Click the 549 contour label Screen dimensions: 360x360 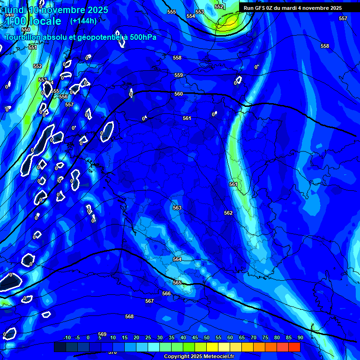[9, 15]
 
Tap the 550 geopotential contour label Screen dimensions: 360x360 [26, 30]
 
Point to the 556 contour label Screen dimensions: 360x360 [63, 97]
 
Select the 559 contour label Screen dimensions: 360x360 [179, 75]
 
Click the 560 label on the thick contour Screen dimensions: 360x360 [179, 94]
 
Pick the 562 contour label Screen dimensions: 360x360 [228, 213]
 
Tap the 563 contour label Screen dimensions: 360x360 [177, 208]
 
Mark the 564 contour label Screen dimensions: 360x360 [177, 259]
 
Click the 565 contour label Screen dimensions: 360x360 [177, 283]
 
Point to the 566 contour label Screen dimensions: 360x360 [166, 293]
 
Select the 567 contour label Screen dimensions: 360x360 [150, 301]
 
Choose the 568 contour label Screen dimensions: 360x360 [129, 316]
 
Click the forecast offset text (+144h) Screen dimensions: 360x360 [83, 21]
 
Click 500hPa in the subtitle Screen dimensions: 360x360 [142, 37]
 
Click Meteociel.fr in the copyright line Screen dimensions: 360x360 [215, 357]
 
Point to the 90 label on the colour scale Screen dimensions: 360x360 [300, 337]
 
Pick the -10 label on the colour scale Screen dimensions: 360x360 [67, 337]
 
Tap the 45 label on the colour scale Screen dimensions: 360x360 [195, 337]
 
